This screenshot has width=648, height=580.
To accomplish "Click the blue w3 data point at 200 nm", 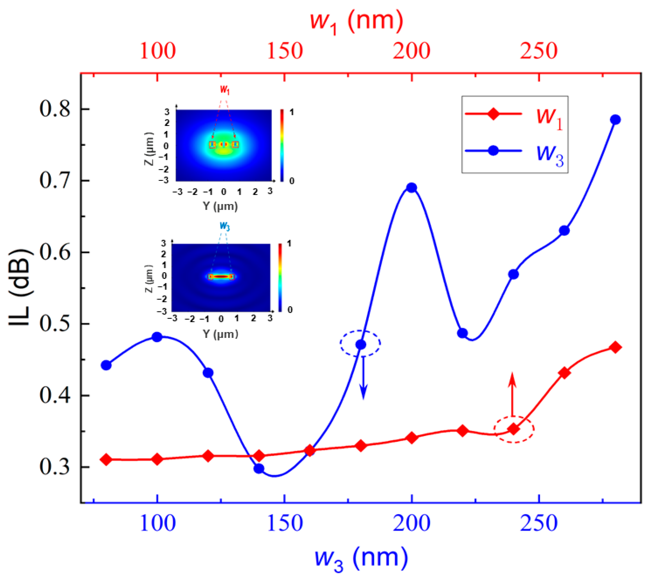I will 411,188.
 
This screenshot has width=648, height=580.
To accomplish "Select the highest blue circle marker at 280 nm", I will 615,120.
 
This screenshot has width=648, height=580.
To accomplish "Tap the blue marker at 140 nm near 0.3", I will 259,469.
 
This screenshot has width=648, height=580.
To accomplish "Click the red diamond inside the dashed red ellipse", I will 513,429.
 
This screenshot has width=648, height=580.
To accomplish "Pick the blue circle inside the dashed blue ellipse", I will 361,345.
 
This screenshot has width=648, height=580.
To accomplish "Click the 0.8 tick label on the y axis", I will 55,109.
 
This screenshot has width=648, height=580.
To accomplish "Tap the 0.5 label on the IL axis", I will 55,324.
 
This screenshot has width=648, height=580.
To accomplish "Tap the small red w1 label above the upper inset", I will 225,90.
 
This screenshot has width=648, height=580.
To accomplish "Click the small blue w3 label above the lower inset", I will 225,226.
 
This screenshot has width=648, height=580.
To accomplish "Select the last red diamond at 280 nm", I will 615,347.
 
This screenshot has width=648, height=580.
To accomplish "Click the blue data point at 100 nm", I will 157,337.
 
